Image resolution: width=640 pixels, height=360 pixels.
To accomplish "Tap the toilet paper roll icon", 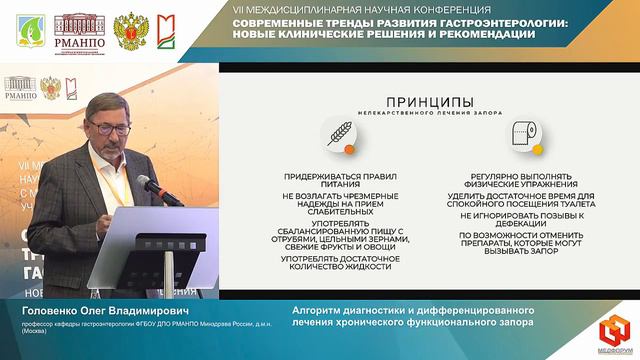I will tap(520, 134).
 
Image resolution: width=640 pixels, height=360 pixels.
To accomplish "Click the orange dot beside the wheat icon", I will tap(350, 148).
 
